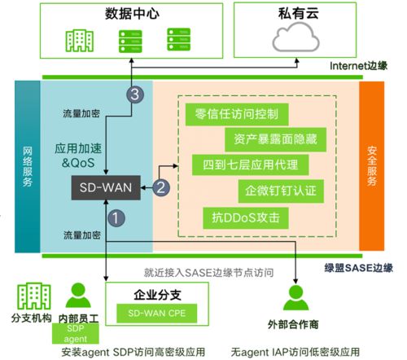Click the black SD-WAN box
click(x=106, y=188)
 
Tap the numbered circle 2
click(x=161, y=188)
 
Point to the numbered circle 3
click(x=135, y=94)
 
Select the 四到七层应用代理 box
click(x=244, y=165)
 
